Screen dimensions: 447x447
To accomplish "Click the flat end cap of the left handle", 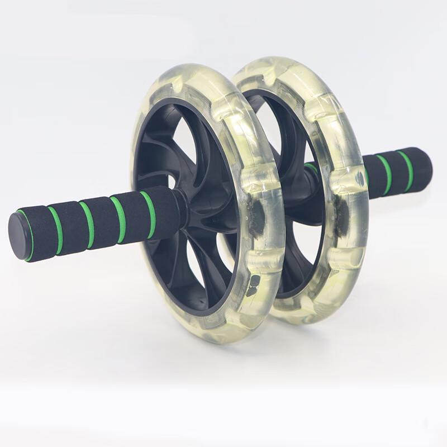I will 18,236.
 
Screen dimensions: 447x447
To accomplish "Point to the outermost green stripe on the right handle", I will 406,169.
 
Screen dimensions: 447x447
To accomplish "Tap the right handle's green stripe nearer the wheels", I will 384,175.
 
